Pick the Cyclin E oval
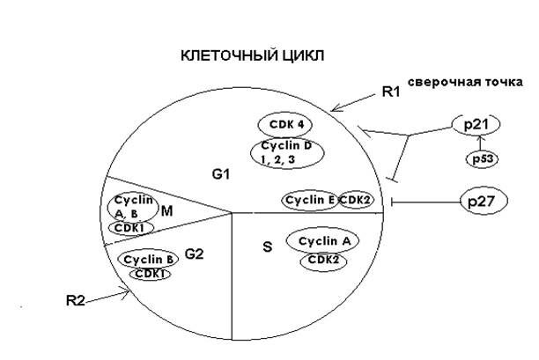pos(310,201)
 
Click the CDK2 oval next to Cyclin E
pos(356,201)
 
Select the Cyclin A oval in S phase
pos(323,241)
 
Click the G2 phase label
pos(195,254)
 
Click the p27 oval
pos(482,202)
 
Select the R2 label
pos(77,301)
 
